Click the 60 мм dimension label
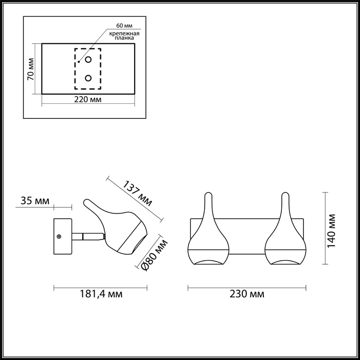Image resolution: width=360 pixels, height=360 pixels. point(124,26)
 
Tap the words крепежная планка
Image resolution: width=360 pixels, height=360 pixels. point(124,35)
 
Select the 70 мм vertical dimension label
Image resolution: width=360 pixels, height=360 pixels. point(30,69)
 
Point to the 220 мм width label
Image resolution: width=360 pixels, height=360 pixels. point(88,100)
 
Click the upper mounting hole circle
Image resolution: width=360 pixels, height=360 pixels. point(88,60)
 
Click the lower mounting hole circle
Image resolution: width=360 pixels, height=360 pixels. point(88,78)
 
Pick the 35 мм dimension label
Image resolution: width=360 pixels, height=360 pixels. point(35,201)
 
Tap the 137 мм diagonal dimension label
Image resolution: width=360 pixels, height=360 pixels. point(137,193)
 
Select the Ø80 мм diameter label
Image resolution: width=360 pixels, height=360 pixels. point(154,255)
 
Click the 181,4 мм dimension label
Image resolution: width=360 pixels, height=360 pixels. point(101,294)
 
